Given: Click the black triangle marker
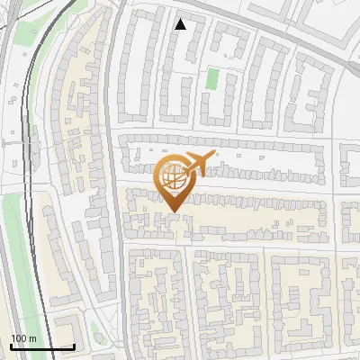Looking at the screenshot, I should point(180,24).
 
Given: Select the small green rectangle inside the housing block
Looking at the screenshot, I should point(212,78).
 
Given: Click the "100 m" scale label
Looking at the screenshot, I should point(23,338).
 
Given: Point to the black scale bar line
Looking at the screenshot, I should point(42,346).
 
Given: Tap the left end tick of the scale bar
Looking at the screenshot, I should point(11,345).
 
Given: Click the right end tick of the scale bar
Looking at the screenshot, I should point(74,345).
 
